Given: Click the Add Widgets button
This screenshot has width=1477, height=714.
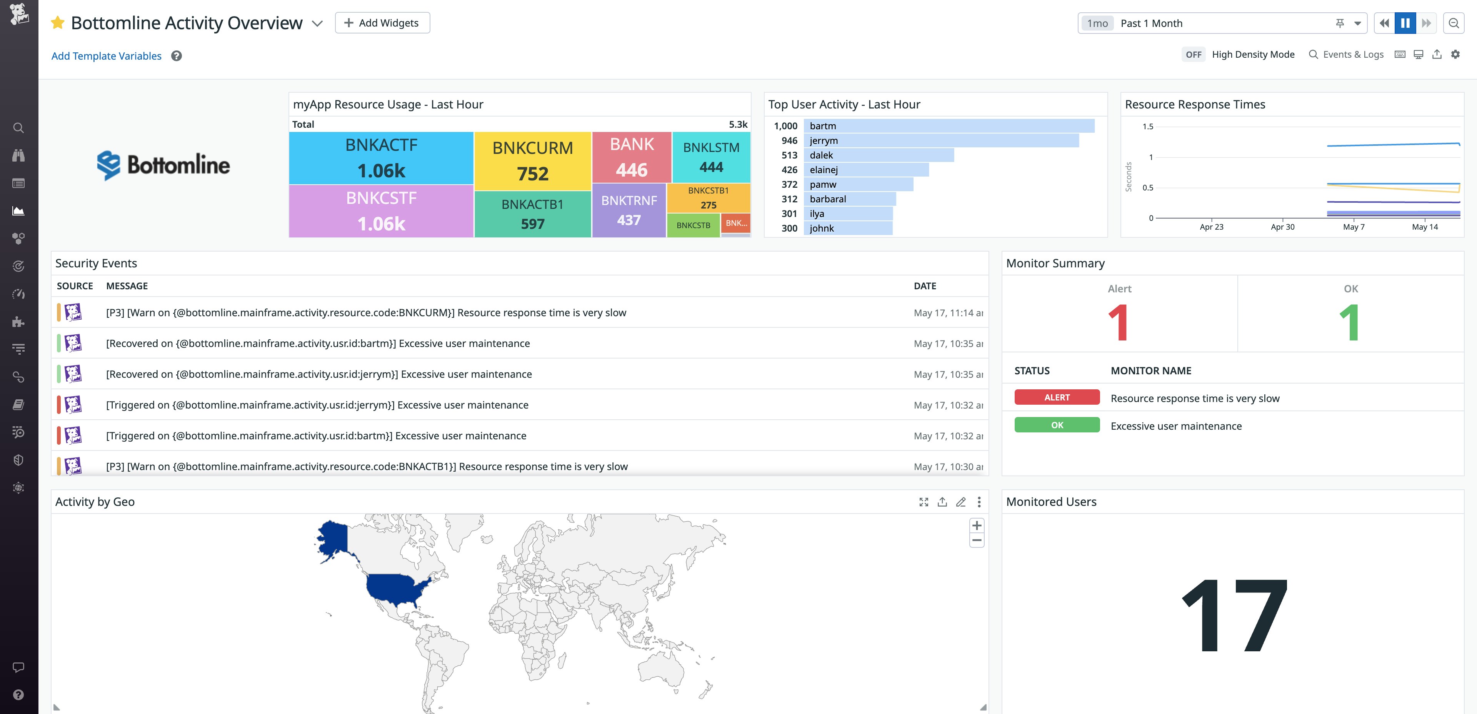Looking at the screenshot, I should tap(382, 23).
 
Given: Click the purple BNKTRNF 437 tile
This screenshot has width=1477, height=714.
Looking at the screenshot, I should tap(628, 210).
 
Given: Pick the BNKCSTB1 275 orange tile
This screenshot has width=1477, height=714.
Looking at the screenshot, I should tap(708, 197).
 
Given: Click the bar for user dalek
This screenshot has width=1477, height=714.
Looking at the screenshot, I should tap(879, 155).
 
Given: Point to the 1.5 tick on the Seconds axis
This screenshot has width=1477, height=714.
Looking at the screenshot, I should tap(1147, 127).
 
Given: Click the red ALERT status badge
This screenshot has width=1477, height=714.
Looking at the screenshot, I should tap(1056, 397).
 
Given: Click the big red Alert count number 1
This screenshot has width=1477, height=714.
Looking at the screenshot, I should tap(1119, 322).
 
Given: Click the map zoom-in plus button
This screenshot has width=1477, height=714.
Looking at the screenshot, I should tap(977, 525).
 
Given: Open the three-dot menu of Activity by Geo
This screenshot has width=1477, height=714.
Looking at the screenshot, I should tap(979, 502).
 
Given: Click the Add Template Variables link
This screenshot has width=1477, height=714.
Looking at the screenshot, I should tap(107, 56).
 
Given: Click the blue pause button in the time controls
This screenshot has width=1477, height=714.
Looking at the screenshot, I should tap(1405, 23).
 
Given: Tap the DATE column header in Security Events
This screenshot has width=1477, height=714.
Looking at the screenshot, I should tap(924, 285).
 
